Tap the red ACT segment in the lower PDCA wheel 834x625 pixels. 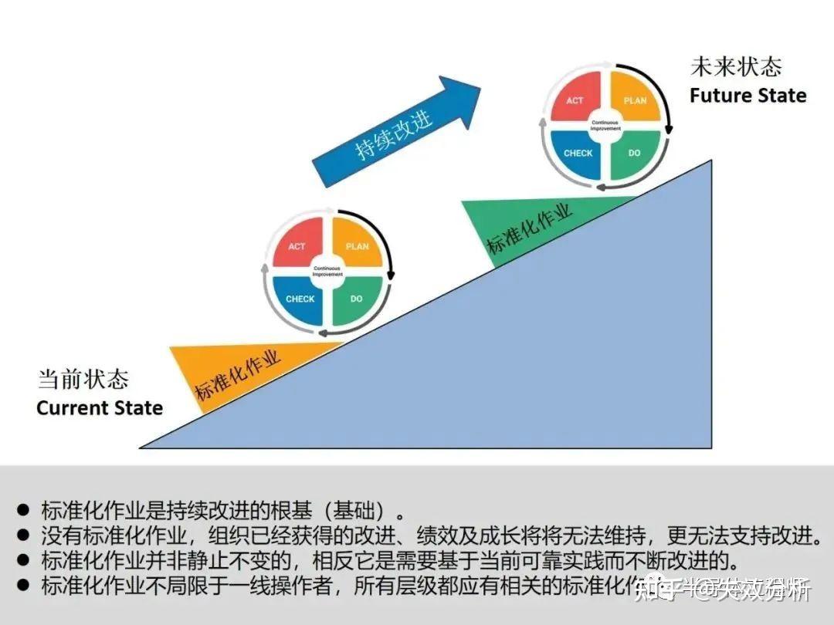[x=297, y=246]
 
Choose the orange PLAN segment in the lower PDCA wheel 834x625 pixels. [x=357, y=246]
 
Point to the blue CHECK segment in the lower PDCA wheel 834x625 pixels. [x=300, y=299]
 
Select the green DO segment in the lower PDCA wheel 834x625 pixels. [x=357, y=299]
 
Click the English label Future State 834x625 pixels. [x=748, y=96]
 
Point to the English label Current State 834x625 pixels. [x=100, y=407]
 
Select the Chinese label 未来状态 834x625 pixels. [x=735, y=67]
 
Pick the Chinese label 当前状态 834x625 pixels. [x=83, y=380]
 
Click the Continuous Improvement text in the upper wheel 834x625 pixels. [x=606, y=125]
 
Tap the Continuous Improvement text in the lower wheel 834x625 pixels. [x=328, y=271]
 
